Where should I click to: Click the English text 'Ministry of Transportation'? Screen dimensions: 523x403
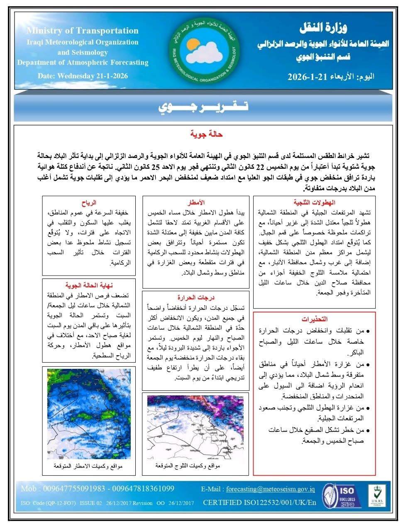[82, 31]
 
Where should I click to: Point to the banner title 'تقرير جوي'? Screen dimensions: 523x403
[203, 107]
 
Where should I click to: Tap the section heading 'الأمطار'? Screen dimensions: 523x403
[196, 203]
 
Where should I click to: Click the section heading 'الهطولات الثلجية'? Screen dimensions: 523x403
[313, 203]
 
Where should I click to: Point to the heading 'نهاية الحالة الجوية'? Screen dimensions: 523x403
[89, 286]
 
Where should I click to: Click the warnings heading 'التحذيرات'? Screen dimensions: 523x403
[314, 319]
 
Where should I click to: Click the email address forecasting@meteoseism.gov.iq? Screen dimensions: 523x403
[270, 489]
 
